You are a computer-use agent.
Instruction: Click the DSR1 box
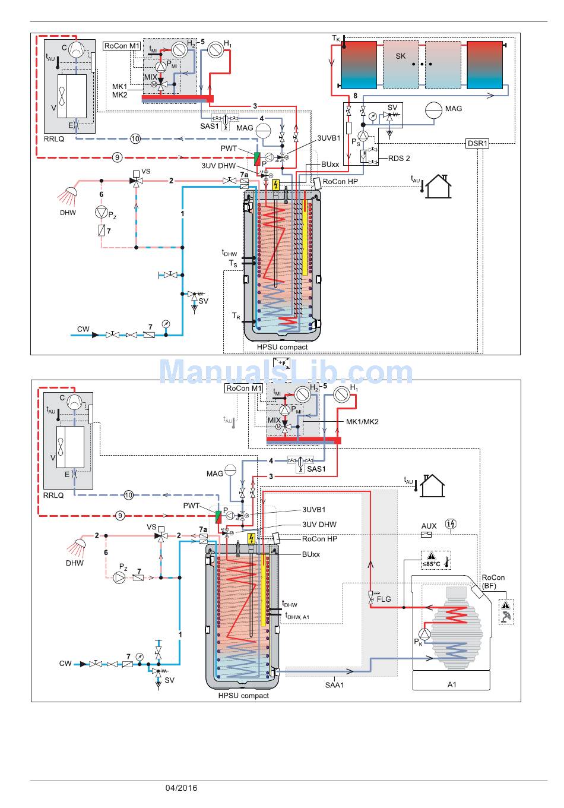(x=477, y=143)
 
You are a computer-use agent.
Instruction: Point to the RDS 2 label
(x=399, y=158)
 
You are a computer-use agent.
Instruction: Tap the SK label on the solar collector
(x=401, y=56)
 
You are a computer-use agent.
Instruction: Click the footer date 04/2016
(x=182, y=788)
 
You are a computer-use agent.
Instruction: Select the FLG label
(x=384, y=599)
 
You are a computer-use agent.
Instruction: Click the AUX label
(x=429, y=526)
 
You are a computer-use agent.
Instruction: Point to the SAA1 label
(x=334, y=685)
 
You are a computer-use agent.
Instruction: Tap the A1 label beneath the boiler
(x=452, y=684)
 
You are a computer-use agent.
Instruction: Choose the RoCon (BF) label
(x=493, y=582)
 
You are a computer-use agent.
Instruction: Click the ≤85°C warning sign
(x=432, y=560)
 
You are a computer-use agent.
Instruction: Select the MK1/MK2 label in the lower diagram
(x=362, y=422)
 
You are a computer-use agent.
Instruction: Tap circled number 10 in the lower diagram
(x=129, y=494)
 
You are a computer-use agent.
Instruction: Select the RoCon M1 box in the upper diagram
(x=122, y=46)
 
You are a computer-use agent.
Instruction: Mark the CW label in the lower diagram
(x=65, y=663)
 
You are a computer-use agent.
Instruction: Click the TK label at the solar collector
(x=336, y=39)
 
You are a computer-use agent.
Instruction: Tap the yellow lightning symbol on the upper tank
(x=275, y=185)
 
